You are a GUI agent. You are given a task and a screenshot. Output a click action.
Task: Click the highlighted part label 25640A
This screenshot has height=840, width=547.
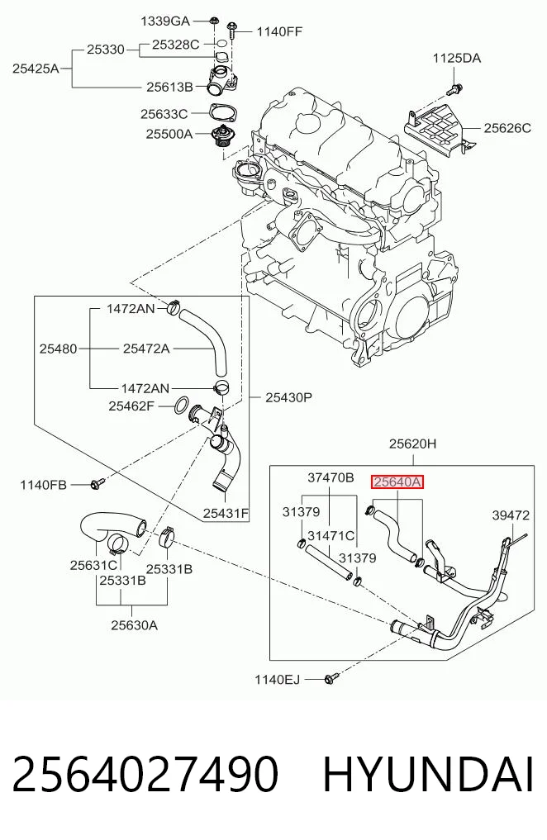pyautogui.click(x=397, y=482)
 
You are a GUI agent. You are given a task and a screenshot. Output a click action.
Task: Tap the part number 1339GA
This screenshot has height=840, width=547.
pyautogui.click(x=165, y=21)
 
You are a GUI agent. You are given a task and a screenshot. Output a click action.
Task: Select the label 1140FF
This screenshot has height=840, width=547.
pyautogui.click(x=279, y=31)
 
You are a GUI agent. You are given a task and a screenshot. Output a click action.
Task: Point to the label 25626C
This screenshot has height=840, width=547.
pyautogui.click(x=507, y=128)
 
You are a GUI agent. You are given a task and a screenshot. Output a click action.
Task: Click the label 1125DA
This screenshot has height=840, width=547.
pyautogui.click(x=457, y=59)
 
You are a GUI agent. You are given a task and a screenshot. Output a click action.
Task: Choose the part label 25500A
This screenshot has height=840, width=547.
pyautogui.click(x=169, y=134)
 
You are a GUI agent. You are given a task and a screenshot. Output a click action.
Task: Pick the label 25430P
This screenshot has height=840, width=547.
pyautogui.click(x=288, y=397)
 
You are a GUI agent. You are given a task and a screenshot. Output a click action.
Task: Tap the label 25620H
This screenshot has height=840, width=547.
pyautogui.click(x=412, y=444)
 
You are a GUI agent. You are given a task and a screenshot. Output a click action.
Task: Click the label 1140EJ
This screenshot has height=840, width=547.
pyautogui.click(x=277, y=680)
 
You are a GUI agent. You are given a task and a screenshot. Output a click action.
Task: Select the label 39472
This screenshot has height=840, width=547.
pyautogui.click(x=511, y=515)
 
